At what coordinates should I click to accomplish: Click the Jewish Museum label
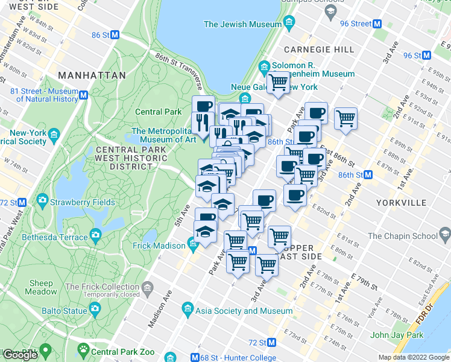(x=242, y=24)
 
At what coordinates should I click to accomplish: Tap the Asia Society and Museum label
(x=245, y=311)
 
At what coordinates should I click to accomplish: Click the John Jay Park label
(x=395, y=335)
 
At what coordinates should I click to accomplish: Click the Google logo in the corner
(x=20, y=355)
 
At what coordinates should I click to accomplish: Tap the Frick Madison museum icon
(x=193, y=246)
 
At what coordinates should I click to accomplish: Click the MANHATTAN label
(x=92, y=75)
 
